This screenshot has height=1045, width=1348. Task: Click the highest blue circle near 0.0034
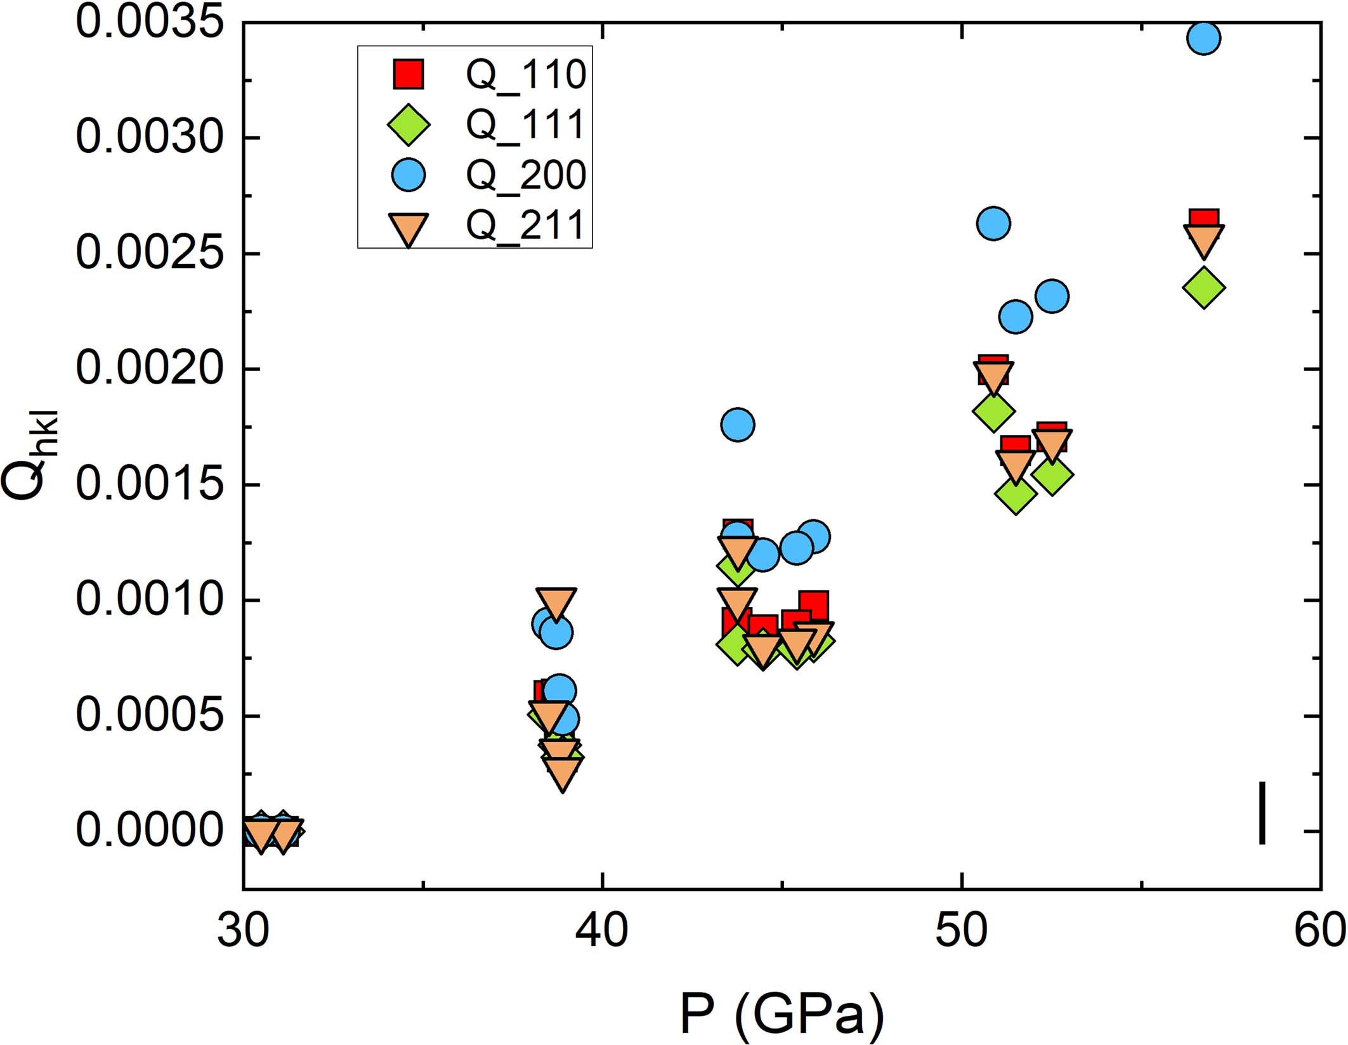pyautogui.click(x=1203, y=38)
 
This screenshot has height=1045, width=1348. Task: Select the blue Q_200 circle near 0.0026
pyautogui.click(x=993, y=223)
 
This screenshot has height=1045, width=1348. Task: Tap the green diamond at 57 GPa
pyautogui.click(x=1203, y=287)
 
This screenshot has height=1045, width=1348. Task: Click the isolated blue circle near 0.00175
pyautogui.click(x=737, y=424)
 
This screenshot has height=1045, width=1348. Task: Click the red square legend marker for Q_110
pyautogui.click(x=408, y=74)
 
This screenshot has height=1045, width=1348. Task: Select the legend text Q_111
pyautogui.click(x=525, y=124)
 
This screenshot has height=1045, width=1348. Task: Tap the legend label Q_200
pyautogui.click(x=525, y=175)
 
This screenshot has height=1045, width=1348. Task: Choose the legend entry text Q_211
pyautogui.click(x=525, y=226)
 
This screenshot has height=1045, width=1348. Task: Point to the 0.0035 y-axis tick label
pyautogui.click(x=150, y=22)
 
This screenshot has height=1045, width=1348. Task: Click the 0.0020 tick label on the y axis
pyautogui.click(x=150, y=368)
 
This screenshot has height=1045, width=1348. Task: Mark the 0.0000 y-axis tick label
pyautogui.click(x=150, y=831)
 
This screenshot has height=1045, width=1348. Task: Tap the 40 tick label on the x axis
pyautogui.click(x=601, y=931)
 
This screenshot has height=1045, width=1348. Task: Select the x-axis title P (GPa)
pyautogui.click(x=782, y=1013)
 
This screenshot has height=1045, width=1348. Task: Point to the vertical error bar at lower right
pyautogui.click(x=1262, y=813)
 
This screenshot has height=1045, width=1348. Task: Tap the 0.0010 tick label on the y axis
pyautogui.click(x=150, y=600)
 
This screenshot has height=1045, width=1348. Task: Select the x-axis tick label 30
pyautogui.click(x=244, y=931)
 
